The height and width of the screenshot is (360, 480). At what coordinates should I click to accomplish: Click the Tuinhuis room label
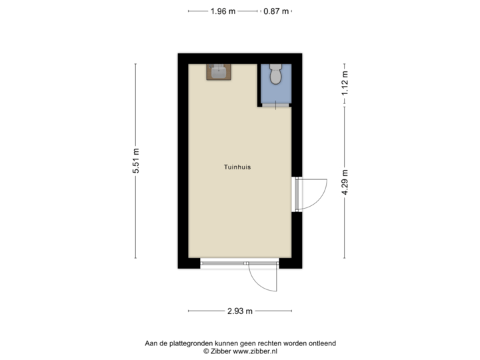click(x=237, y=168)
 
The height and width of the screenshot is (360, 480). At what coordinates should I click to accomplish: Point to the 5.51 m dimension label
click(x=136, y=161)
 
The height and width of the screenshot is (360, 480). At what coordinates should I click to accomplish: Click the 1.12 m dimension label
click(x=345, y=84)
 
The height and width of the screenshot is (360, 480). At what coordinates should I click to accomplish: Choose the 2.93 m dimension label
click(x=240, y=311)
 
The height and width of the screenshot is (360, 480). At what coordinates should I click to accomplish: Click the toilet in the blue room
click(x=276, y=75)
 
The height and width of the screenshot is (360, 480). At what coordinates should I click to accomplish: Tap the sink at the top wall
click(x=218, y=71)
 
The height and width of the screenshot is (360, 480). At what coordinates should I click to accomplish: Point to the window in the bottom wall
click(x=224, y=263)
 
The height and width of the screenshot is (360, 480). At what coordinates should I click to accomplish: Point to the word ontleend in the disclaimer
click(x=321, y=343)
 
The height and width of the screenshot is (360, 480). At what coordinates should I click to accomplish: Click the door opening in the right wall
click(x=297, y=194)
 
